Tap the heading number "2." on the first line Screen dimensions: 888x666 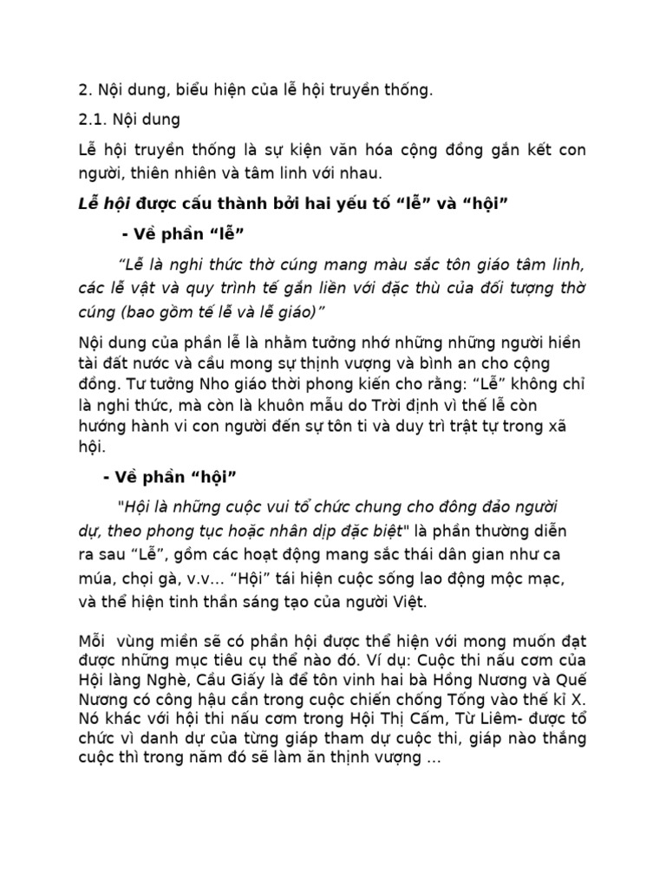point(84,90)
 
